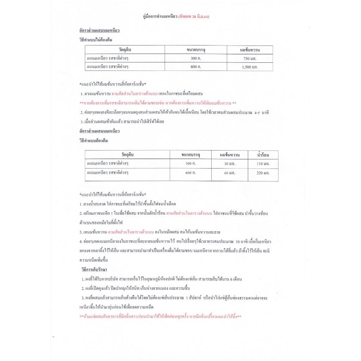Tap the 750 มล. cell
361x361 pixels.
pos(250,58)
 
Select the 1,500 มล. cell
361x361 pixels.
pos(250,67)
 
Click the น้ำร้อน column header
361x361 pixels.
pos(263,154)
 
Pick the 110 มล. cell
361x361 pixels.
pos(263,164)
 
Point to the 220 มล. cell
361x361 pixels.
pos(263,173)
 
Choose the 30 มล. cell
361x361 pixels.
pos(230,164)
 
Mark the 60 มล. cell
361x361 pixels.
pos(230,173)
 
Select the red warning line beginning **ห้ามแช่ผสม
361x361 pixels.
pos(161,317)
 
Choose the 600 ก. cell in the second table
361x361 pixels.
pos(191,173)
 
